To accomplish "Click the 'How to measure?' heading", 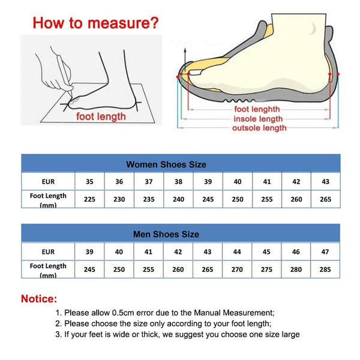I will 95,23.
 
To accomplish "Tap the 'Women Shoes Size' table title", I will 166,164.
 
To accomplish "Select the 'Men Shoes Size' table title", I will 166,234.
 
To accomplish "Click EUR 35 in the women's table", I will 89,182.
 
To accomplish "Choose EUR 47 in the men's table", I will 325,252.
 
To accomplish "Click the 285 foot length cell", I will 325,270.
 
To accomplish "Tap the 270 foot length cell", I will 237,270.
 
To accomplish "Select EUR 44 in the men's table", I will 237,252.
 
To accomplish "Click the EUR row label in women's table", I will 48,182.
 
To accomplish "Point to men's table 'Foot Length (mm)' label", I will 48,269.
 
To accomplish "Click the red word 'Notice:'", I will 40,299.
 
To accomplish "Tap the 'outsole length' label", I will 259,128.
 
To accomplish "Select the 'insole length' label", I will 258,119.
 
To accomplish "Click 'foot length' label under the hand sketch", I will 101,116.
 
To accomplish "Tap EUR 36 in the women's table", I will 119,182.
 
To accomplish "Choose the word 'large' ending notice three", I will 289,334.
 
